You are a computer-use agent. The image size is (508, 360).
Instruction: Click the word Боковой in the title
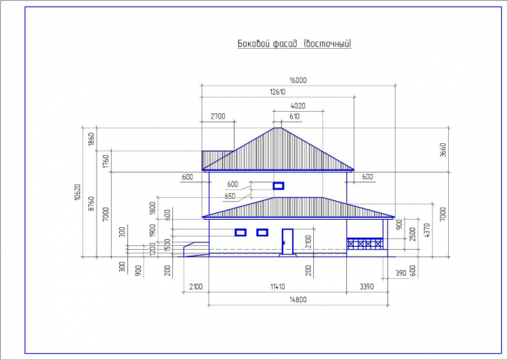pyautogui.click(x=252, y=43)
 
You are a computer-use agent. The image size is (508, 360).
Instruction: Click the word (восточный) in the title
pyautogui.click(x=327, y=43)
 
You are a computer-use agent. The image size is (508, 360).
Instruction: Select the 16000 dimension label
pyautogui.click(x=297, y=80)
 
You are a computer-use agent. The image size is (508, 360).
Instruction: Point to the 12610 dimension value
pyautogui.click(x=278, y=91)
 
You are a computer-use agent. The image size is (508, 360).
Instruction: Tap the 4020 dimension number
pyautogui.click(x=297, y=106)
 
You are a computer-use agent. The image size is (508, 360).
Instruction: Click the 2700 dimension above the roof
pyautogui.click(x=218, y=116)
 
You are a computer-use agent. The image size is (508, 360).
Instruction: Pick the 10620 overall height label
pyautogui.click(x=77, y=192)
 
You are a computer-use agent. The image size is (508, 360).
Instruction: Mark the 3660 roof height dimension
pyautogui.click(x=443, y=150)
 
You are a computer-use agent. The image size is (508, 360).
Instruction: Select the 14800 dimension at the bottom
pyautogui.click(x=297, y=299)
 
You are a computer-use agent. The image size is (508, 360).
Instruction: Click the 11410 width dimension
pyautogui.click(x=278, y=286)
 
